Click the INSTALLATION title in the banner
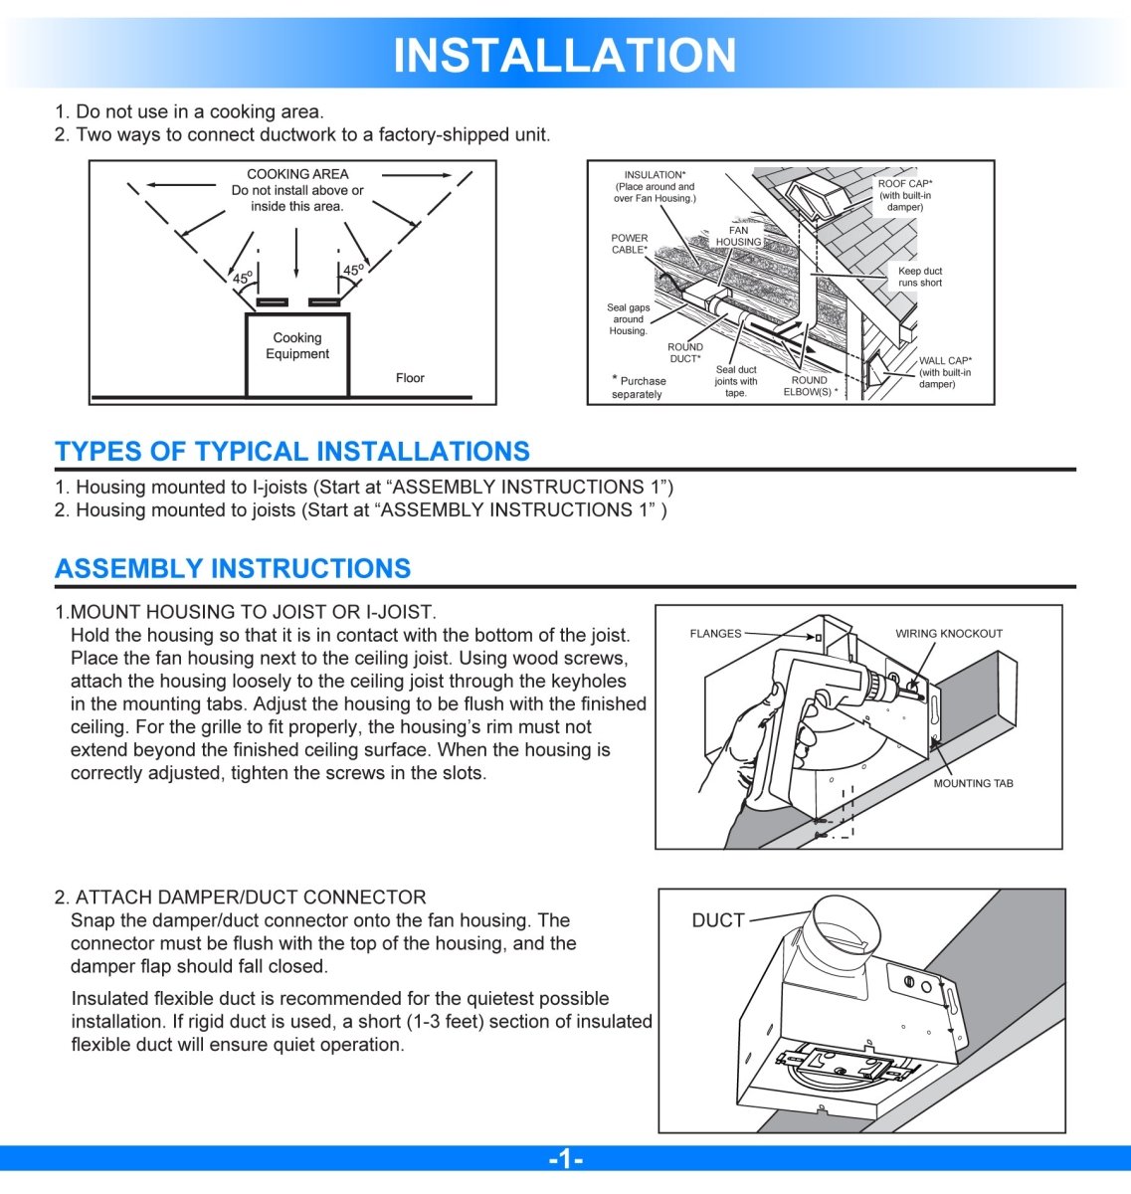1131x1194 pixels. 564,56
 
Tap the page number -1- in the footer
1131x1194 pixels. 565,1160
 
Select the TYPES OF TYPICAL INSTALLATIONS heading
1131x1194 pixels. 292,452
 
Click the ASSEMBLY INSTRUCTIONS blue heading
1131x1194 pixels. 233,569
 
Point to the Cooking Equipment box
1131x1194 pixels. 297,354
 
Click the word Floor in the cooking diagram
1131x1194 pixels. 410,378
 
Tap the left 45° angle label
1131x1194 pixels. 243,279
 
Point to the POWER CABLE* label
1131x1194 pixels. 629,244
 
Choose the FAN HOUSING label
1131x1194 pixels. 738,236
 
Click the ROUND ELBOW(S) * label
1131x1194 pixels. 810,386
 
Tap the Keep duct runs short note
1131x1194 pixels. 919,277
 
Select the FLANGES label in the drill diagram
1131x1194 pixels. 715,634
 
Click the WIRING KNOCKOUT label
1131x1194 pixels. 948,634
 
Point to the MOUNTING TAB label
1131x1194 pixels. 972,784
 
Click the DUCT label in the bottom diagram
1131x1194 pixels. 717,920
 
